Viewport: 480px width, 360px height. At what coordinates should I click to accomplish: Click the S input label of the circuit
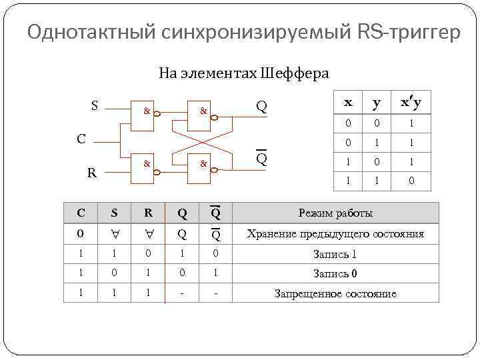[95, 105]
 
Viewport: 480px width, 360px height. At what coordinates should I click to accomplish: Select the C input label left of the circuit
[81, 139]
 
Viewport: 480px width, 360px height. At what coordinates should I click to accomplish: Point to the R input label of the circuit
[94, 173]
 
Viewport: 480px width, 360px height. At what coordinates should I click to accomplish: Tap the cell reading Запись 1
[335, 254]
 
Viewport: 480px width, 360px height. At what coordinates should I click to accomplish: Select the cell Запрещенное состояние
[335, 293]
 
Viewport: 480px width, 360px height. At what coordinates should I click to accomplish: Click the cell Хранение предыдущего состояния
[335, 234]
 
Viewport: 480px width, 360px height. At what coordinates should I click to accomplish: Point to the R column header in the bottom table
[148, 213]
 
